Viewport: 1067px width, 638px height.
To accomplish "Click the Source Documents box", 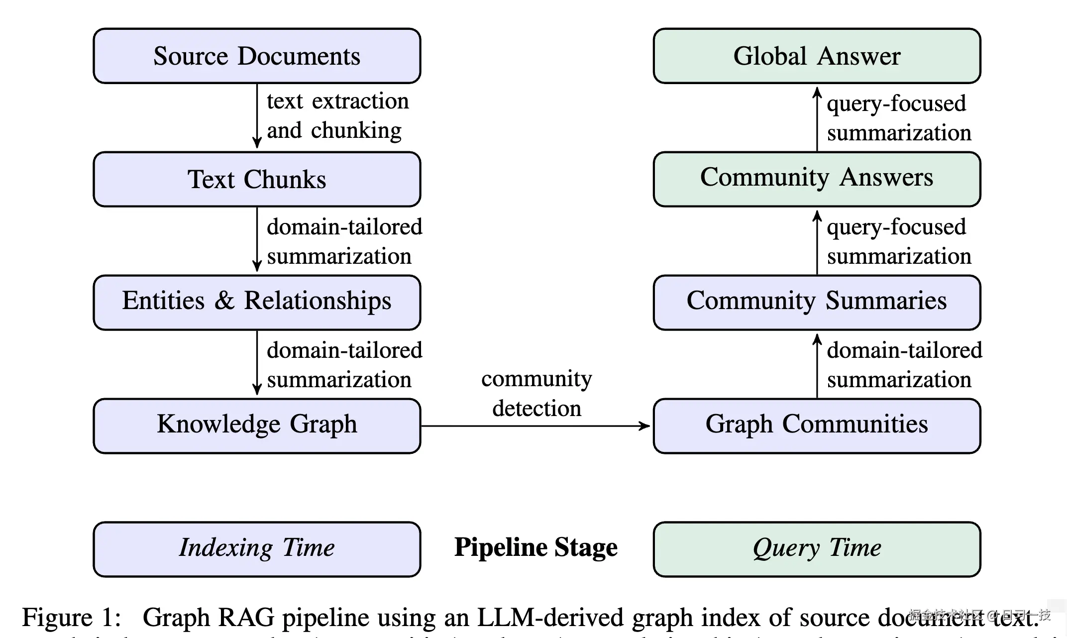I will [257, 56].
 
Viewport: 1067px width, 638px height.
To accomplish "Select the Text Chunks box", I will [257, 179].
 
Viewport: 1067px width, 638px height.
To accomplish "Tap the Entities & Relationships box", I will [257, 302].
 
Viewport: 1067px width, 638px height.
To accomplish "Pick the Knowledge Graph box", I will [257, 425].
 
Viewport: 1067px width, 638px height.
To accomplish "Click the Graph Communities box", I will [817, 425].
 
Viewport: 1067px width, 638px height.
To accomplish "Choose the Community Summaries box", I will [817, 302].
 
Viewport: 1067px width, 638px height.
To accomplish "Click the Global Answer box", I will [817, 56].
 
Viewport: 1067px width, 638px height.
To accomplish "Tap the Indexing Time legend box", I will [257, 549].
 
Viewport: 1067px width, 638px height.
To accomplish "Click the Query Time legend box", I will [817, 549].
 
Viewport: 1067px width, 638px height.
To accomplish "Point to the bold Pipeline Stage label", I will [536, 548].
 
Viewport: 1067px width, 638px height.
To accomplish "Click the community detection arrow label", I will [536, 394].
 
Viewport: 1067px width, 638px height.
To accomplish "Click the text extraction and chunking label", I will [337, 116].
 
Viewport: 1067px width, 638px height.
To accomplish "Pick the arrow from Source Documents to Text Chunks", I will [257, 117].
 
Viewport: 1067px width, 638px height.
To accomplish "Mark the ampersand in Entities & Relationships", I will [224, 301].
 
